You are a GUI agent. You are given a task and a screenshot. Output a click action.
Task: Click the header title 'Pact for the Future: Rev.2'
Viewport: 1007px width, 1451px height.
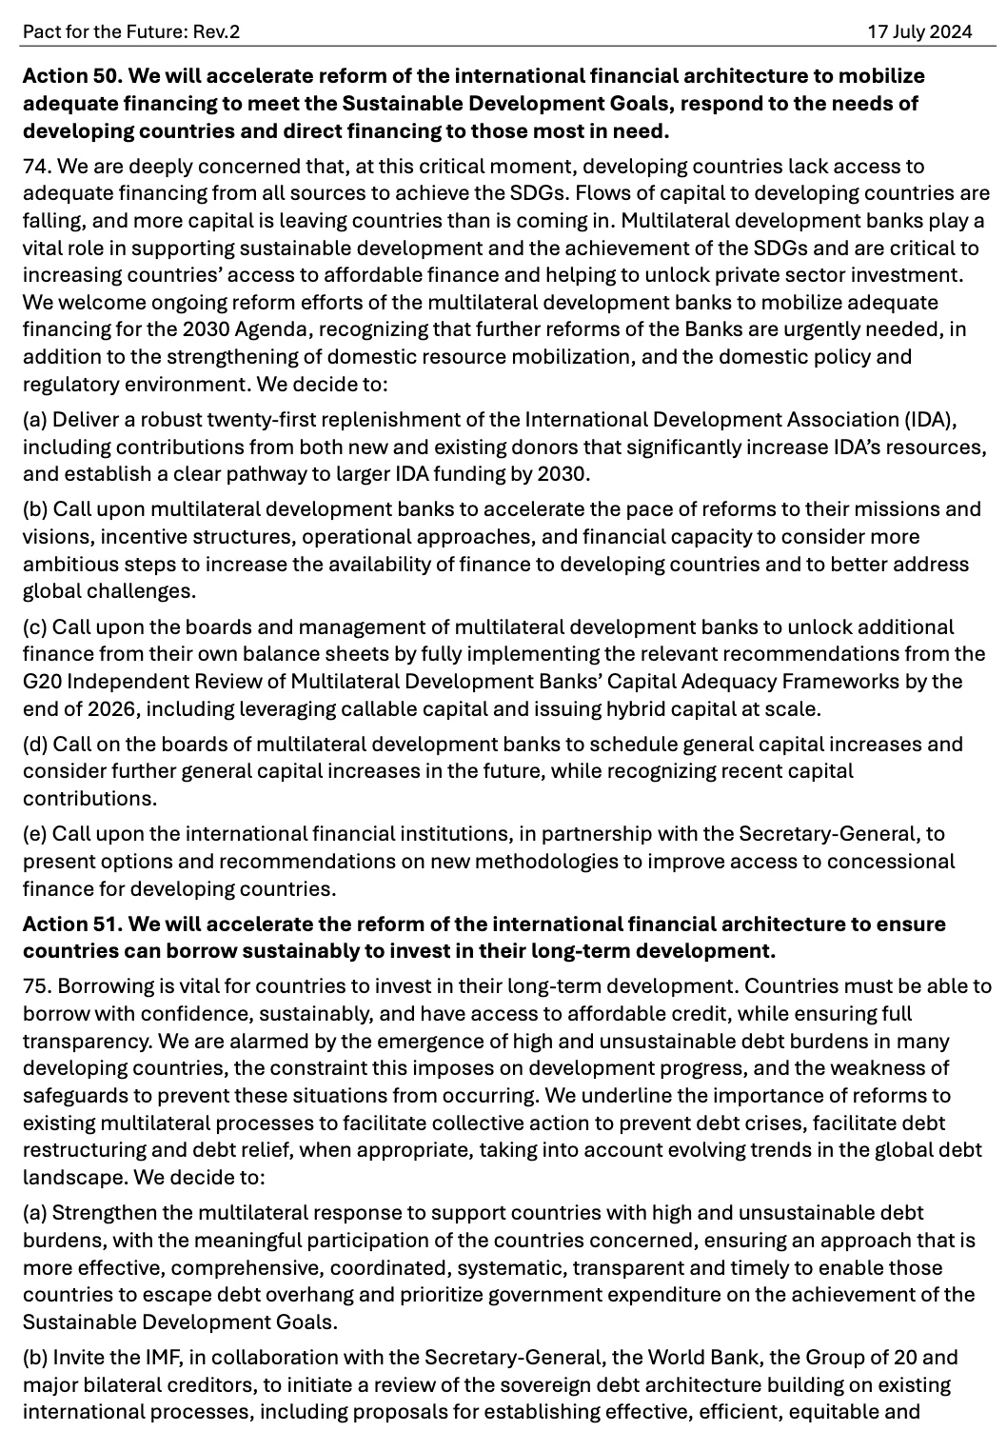pyautogui.click(x=131, y=31)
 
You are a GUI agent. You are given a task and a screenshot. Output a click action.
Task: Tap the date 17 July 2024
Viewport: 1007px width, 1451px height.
pyautogui.click(x=919, y=31)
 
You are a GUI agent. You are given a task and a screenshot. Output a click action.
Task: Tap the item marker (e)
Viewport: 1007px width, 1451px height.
pyautogui.click(x=35, y=834)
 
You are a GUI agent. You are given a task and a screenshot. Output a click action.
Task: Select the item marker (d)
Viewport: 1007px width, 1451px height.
pyautogui.click(x=35, y=744)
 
